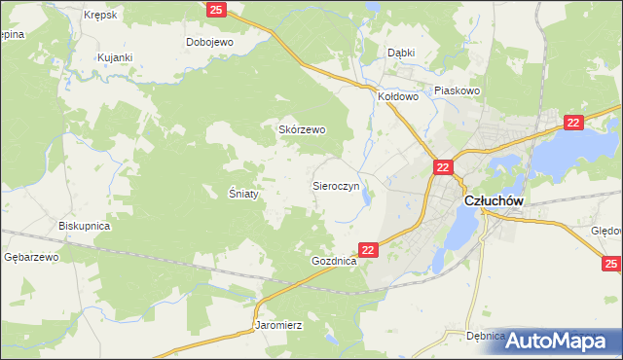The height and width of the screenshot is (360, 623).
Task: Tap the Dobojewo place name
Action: click(210, 42)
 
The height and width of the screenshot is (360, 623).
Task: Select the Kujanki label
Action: click(114, 58)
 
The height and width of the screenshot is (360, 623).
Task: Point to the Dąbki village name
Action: click(401, 54)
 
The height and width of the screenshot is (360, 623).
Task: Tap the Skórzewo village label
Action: click(302, 129)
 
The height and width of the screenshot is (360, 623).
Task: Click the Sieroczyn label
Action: click(337, 184)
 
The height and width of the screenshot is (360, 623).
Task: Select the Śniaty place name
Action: click(243, 193)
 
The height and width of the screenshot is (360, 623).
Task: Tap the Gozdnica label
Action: click(335, 262)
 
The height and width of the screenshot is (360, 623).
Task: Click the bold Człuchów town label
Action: click(495, 199)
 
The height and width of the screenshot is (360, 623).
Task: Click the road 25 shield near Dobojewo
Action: click(217, 9)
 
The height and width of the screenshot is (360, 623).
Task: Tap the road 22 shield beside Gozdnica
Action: click(368, 250)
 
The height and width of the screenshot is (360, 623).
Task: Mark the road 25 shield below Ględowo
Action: click(610, 263)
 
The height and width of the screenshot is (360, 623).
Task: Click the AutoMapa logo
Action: click(558, 341)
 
